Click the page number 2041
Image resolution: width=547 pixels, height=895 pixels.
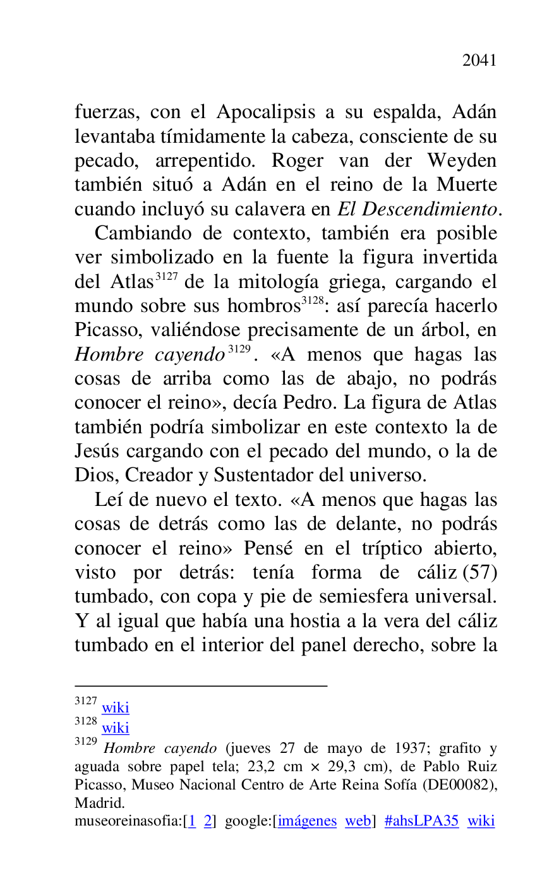tap(479, 61)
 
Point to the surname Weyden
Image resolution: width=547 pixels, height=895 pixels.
tap(462, 160)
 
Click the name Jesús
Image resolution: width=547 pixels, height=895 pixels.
tap(97, 452)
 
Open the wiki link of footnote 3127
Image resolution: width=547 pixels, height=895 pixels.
tap(116, 708)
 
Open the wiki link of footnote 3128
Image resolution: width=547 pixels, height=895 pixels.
tap(116, 728)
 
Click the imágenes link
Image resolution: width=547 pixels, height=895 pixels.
tap(307, 821)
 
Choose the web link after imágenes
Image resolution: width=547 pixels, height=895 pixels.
tap(358, 821)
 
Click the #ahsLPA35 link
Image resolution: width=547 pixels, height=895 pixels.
tap(421, 821)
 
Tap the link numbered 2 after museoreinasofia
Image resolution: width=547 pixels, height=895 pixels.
tap(207, 821)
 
